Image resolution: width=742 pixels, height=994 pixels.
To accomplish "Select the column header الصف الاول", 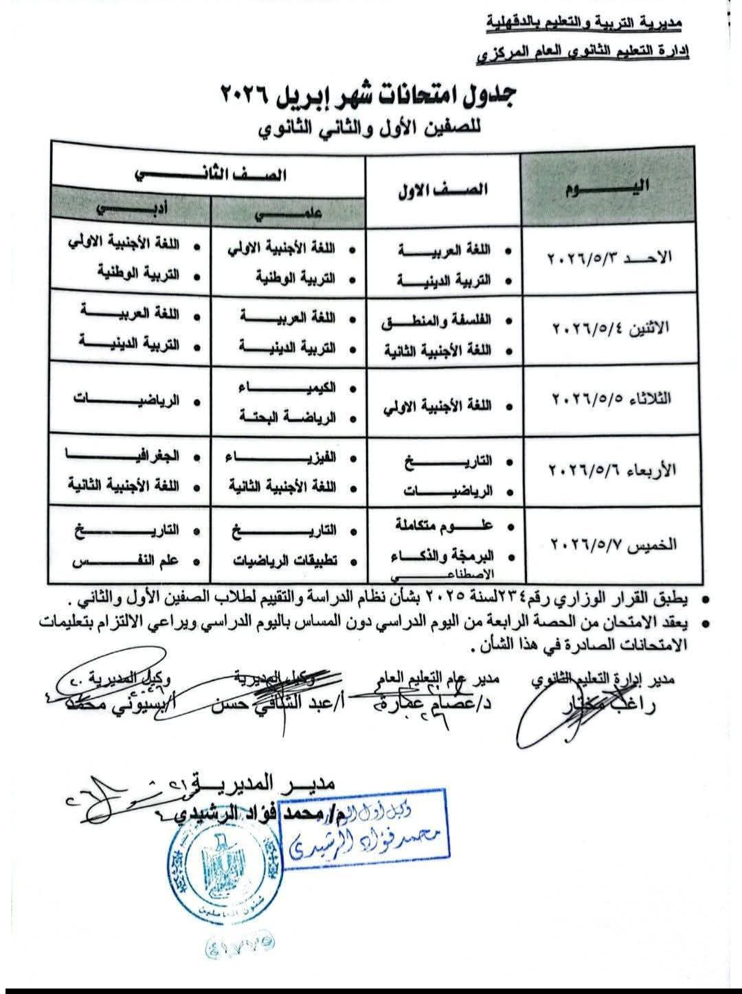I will pyautogui.click(x=442, y=190).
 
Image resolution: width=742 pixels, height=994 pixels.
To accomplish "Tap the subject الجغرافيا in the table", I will pyautogui.click(x=124, y=456).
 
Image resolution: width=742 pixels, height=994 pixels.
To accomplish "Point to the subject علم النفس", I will pyautogui.click(x=126, y=560).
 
